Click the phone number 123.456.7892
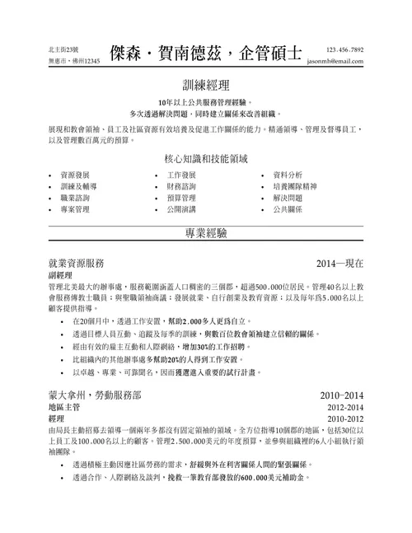coord(344,49)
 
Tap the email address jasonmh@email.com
coord(334,62)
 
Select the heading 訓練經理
coord(206,86)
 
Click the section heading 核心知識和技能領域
coord(206,157)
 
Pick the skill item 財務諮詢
coord(181,187)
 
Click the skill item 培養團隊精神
coord(293,187)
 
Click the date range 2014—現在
coord(339,263)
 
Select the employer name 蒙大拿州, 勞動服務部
coord(100,395)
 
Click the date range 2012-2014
coord(344,408)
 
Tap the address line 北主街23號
coord(67,50)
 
